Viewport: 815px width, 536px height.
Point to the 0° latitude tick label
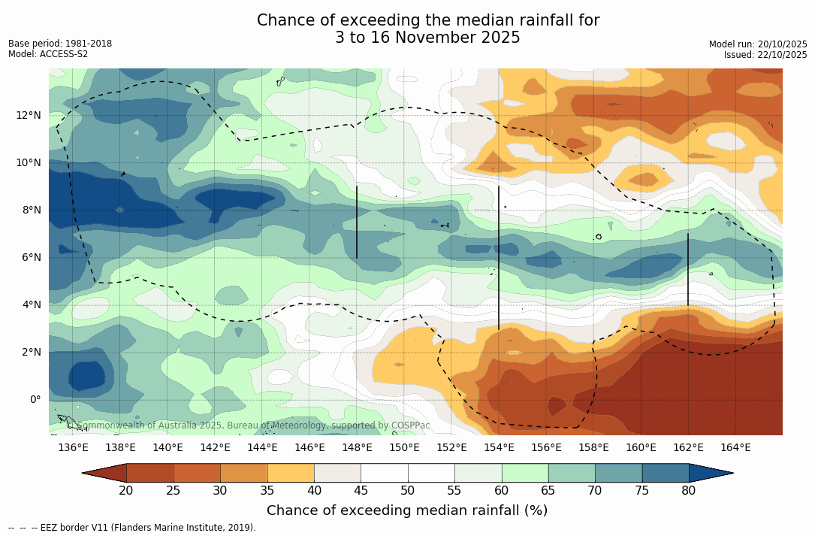click(x=35, y=399)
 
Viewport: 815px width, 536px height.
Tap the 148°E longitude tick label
click(x=357, y=448)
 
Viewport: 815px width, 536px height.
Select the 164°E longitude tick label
click(x=735, y=448)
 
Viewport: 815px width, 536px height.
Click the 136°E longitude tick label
click(x=73, y=448)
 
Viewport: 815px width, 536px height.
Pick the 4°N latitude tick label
click(x=30, y=304)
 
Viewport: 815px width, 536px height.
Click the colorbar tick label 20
click(x=126, y=491)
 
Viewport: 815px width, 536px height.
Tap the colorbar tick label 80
click(x=689, y=491)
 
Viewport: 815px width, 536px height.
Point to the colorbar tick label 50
click(x=408, y=491)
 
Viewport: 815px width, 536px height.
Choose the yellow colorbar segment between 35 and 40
click(x=291, y=473)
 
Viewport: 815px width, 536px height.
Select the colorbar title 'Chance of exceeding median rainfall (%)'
click(x=407, y=510)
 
